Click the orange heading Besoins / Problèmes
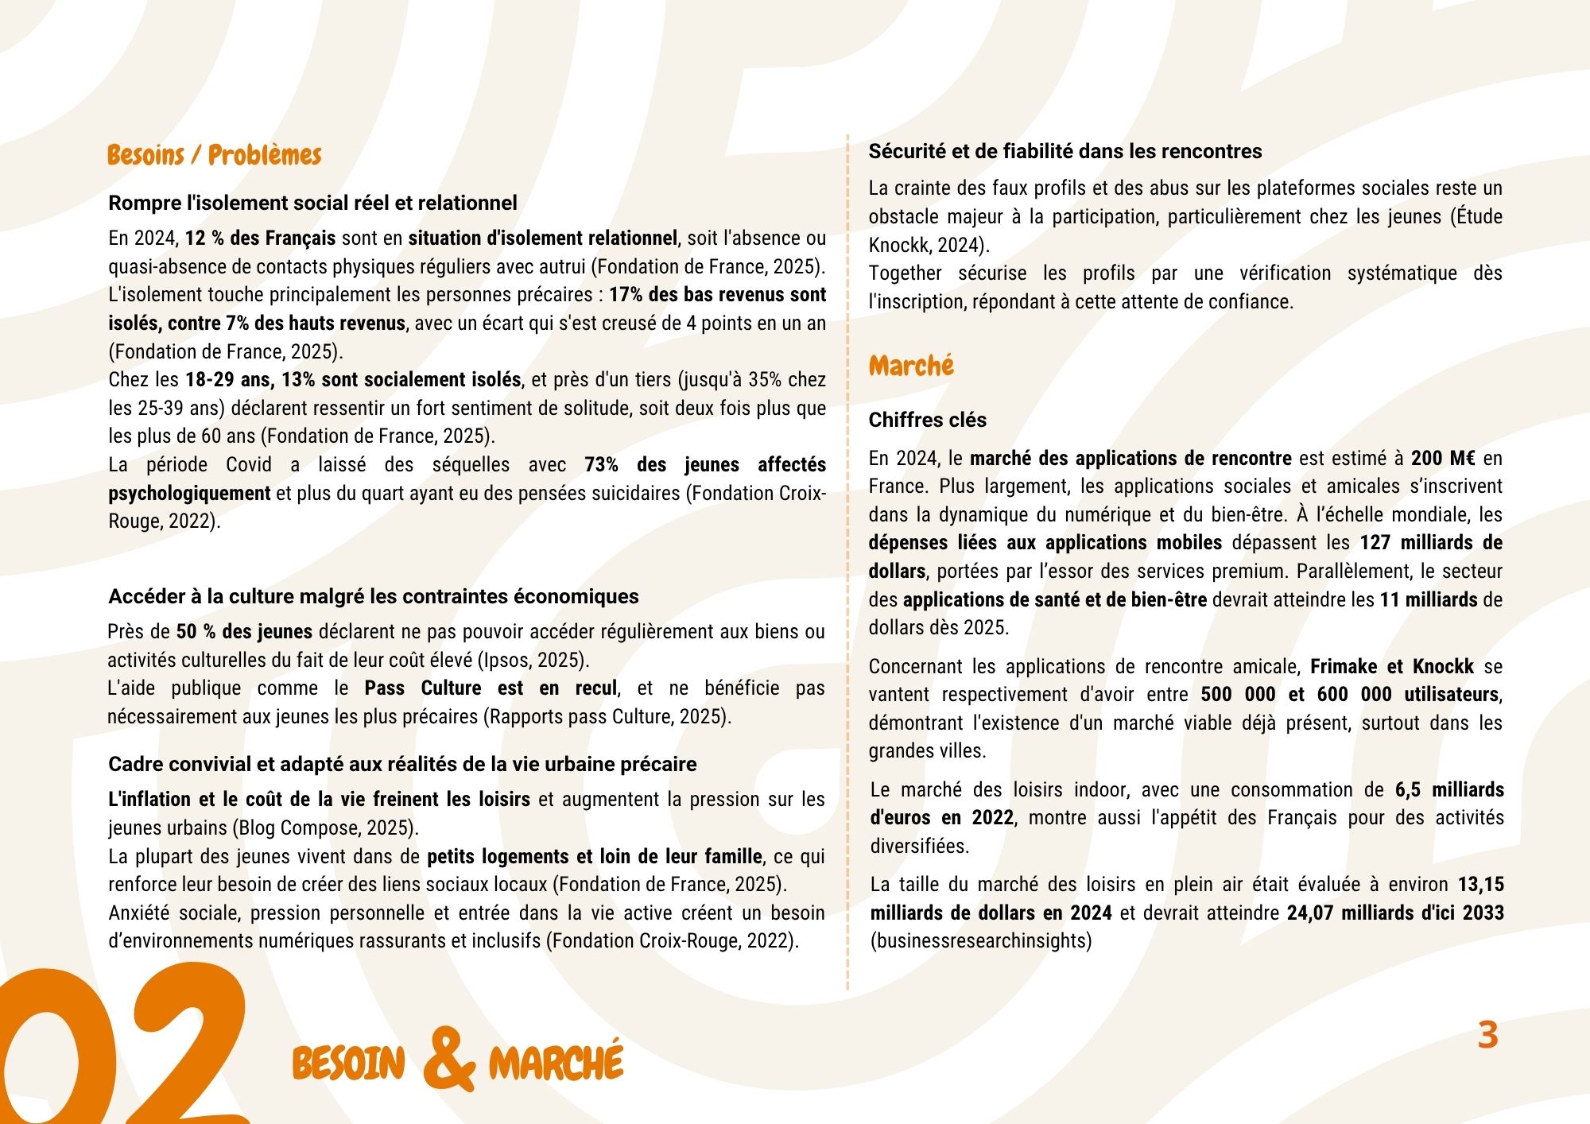click(214, 155)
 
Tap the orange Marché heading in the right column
click(911, 366)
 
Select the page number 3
click(1487, 1035)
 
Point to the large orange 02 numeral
click(119, 1049)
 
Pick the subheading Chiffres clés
click(927, 420)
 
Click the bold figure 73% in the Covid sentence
click(601, 465)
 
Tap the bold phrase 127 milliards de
click(1431, 543)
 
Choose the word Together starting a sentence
click(905, 273)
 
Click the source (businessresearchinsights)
click(981, 941)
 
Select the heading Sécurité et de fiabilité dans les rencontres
click(1065, 151)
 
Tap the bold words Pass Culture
click(423, 688)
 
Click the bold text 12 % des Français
click(260, 238)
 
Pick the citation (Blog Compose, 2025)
click(325, 828)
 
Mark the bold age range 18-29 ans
click(230, 380)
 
